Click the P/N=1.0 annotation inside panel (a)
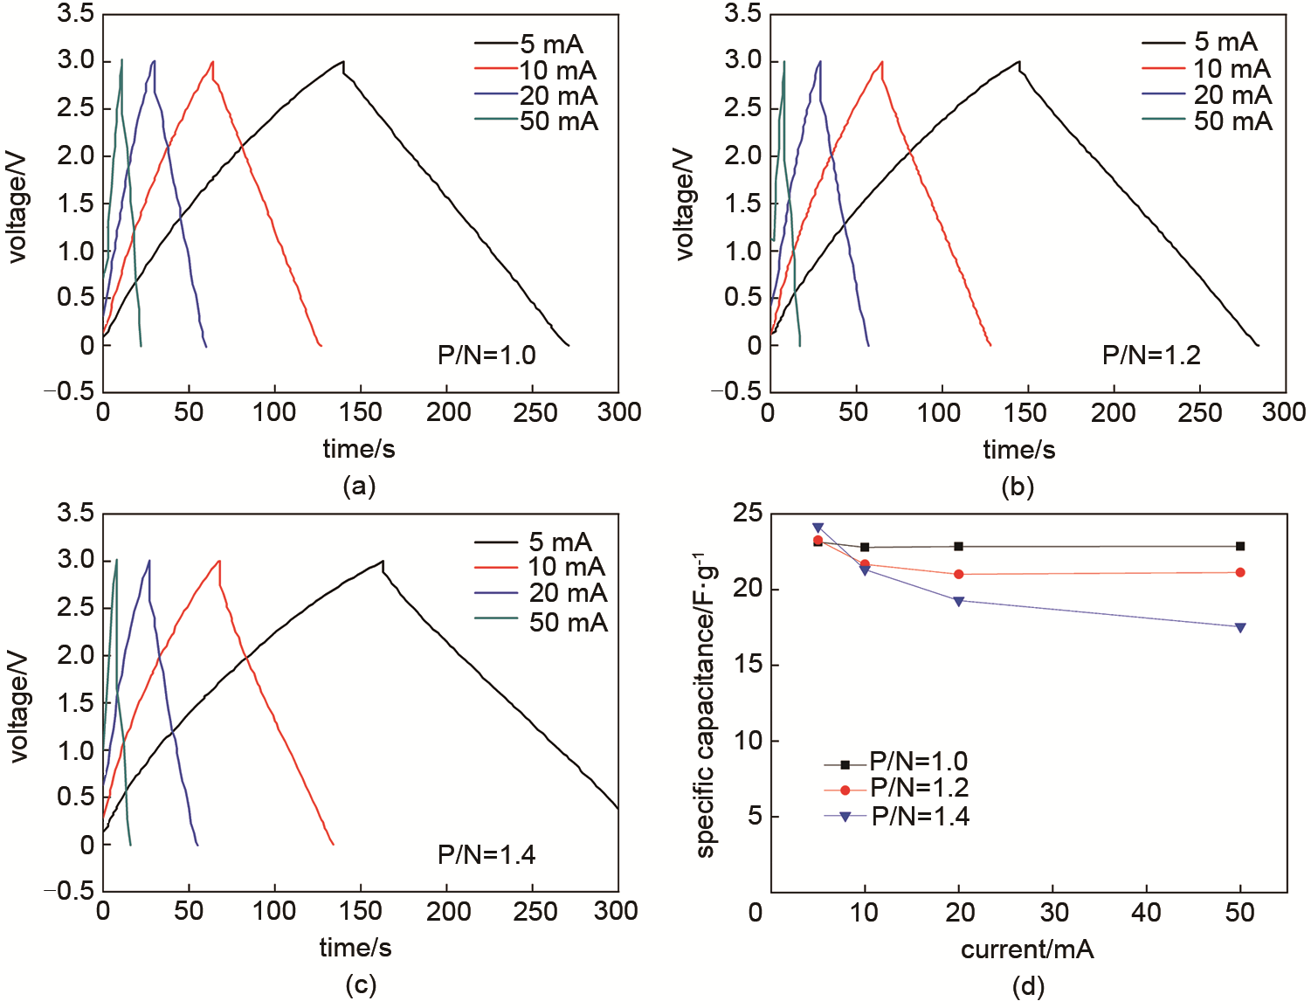(486, 356)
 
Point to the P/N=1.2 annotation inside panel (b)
(1151, 356)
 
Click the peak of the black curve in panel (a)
(343, 61)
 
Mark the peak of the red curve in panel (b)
(882, 61)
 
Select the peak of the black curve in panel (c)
(383, 561)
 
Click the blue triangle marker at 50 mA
(1240, 627)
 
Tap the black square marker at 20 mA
(959, 547)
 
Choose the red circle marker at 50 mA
(1240, 572)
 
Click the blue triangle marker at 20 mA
(959, 601)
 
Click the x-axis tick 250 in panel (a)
(535, 412)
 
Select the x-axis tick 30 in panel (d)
(1053, 913)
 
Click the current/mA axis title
(1027, 949)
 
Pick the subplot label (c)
(361, 985)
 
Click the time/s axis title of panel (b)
(1018, 450)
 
